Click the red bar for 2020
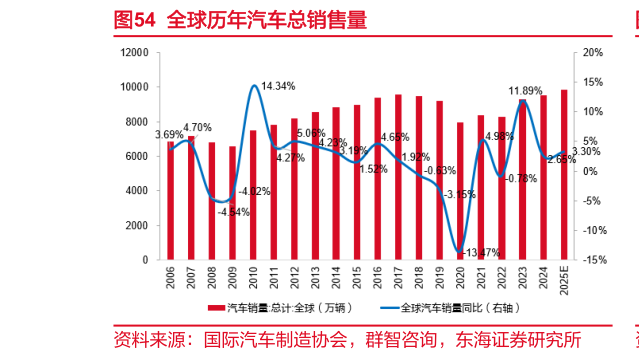pos(460,191)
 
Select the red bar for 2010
pos(253,195)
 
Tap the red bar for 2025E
pos(564,175)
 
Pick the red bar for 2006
pos(170,200)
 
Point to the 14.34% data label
pos(278,87)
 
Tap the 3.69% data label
pos(169,134)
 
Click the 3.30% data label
pos(586,152)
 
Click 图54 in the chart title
pos(133,19)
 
